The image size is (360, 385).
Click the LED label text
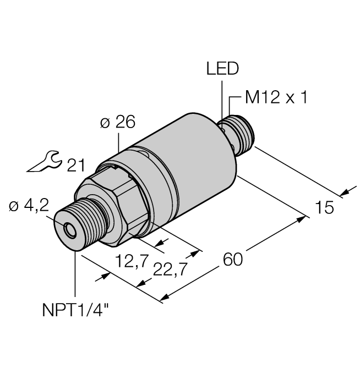coord(223,69)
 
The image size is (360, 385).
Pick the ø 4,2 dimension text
coord(28,206)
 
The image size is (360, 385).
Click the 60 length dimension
coord(234,259)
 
